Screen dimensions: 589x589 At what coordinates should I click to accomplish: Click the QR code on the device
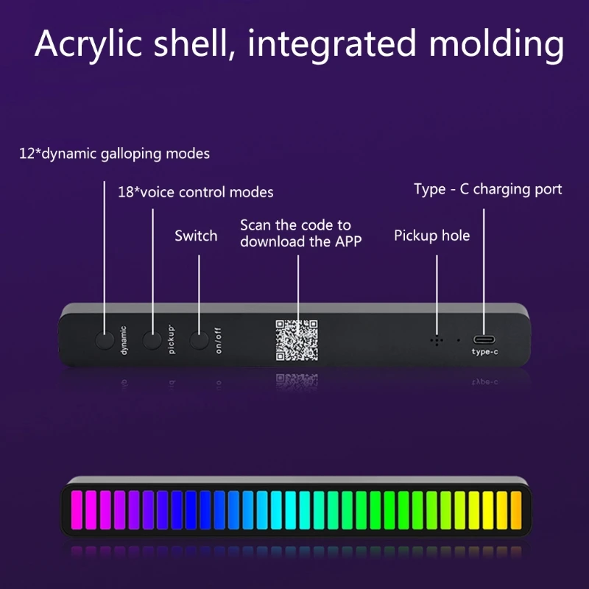[297, 340]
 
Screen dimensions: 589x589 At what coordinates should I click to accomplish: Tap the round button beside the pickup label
[152, 341]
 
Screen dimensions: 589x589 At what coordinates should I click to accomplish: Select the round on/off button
[200, 341]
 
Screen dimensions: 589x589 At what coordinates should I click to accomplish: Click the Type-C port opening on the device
[484, 339]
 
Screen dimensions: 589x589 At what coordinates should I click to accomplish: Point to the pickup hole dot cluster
[437, 341]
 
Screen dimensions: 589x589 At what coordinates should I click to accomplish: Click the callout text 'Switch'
[196, 236]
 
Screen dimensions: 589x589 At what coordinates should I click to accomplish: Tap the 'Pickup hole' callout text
[431, 236]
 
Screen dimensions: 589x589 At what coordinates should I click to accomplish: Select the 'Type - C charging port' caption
[487, 189]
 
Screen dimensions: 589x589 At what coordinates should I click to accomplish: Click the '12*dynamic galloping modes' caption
[114, 154]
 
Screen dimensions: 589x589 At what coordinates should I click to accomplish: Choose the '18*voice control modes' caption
[196, 192]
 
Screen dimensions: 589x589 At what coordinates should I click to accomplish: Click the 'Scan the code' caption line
[295, 225]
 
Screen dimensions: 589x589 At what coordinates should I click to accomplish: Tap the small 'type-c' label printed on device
[484, 352]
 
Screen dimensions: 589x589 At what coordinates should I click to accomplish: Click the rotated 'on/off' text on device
[218, 341]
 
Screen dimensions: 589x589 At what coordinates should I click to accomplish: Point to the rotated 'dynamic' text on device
[124, 341]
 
